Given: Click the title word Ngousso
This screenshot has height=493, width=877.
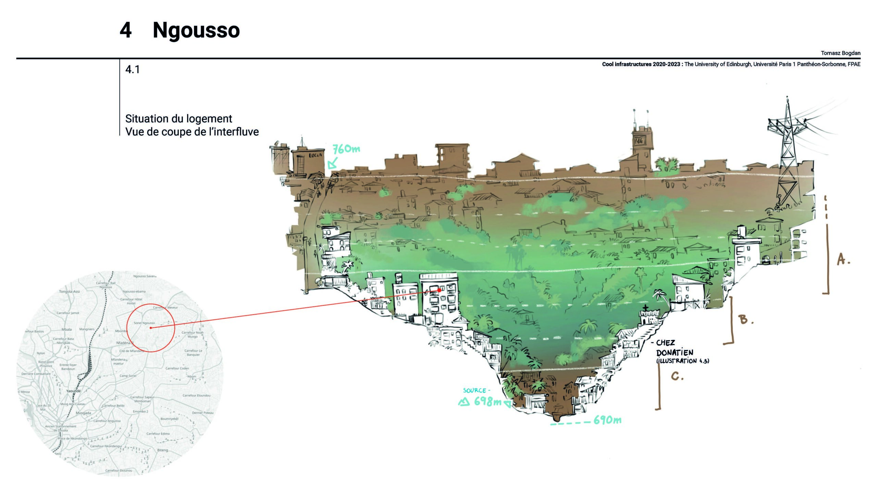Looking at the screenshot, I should click(196, 30).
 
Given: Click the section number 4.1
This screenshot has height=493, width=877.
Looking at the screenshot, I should click(132, 69).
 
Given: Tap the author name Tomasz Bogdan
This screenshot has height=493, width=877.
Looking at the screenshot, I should click(840, 53).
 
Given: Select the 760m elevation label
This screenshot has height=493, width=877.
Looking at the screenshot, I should click(346, 149).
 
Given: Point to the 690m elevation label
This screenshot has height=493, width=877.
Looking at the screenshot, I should click(607, 420).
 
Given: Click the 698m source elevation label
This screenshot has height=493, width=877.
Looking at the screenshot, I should click(487, 402).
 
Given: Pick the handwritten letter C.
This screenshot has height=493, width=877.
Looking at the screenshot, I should click(677, 377).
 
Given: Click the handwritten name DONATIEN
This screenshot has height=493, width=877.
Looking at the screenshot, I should click(675, 352).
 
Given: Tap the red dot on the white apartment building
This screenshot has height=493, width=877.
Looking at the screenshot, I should click(439, 290).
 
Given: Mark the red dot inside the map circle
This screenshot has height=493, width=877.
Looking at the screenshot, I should click(151, 328).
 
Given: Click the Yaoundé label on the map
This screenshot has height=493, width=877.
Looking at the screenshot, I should click(74, 391).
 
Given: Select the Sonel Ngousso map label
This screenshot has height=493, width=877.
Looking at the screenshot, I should click(144, 323).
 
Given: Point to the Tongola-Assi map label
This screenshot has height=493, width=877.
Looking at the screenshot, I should click(69, 292).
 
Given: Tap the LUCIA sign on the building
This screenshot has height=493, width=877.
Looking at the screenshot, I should click(315, 155).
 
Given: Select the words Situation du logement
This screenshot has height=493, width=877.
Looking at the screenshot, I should click(178, 119).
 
